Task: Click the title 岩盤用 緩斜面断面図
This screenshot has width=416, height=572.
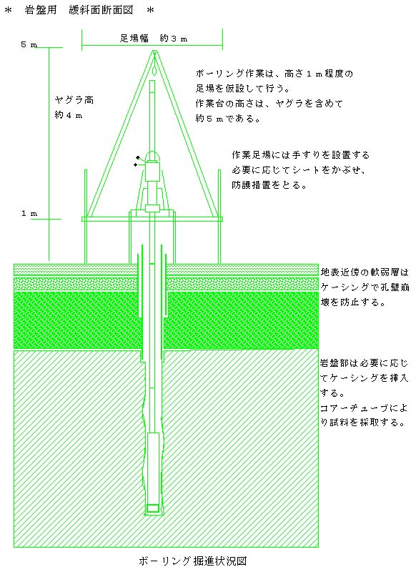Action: coord(79,10)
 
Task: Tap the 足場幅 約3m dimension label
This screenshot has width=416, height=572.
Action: coord(154,39)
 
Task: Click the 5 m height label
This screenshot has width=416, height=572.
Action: coord(29,45)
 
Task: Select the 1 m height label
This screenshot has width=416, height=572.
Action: coord(29,213)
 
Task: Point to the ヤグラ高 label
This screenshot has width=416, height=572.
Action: coord(74,100)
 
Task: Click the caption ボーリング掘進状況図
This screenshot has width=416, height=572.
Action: coord(193,561)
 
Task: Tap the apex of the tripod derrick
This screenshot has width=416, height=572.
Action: coord(154,50)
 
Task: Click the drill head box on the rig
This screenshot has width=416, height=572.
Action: coord(153,171)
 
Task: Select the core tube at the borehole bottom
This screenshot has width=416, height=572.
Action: coord(153,473)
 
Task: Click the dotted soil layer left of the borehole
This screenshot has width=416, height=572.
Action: coord(76,284)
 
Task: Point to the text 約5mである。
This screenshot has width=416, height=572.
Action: coord(228,119)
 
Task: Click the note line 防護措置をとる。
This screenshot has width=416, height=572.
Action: coord(269,185)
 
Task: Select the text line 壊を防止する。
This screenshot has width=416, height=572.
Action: coord(353,302)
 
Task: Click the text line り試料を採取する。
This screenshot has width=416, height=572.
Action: coord(363,423)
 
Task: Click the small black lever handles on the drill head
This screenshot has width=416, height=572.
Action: coord(137,162)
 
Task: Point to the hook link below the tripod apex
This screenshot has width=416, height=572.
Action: coord(154,66)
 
